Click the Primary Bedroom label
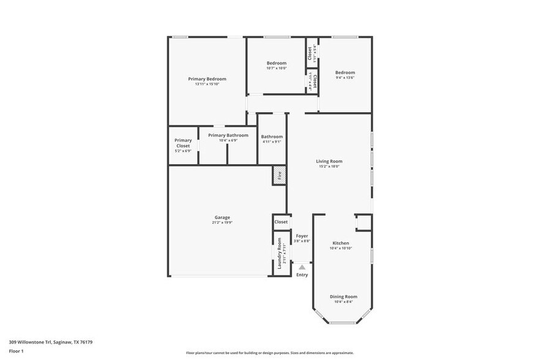(x=207, y=79)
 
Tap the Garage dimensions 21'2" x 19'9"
(x=222, y=222)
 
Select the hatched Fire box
(x=279, y=174)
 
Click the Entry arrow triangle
(x=302, y=267)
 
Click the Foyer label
(x=302, y=236)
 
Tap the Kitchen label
(x=340, y=243)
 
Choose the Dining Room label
(x=343, y=296)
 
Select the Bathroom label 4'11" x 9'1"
(x=272, y=137)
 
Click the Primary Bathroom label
(x=228, y=135)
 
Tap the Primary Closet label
(x=183, y=143)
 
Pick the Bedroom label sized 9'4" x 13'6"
(x=345, y=73)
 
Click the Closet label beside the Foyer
(x=281, y=222)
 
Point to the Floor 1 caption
(x=16, y=351)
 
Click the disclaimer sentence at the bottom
(x=269, y=353)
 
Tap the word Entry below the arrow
(x=302, y=275)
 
